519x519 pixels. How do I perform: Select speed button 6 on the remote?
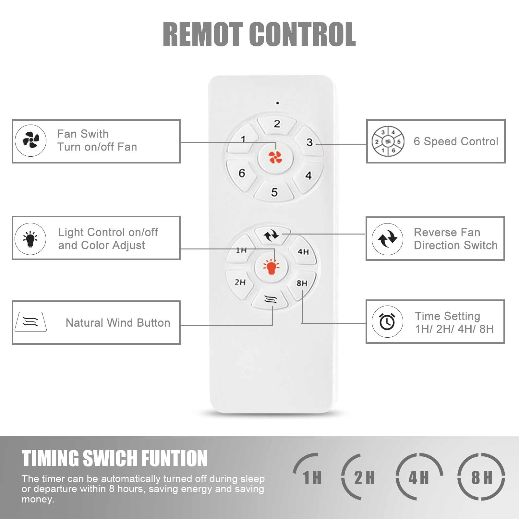click(242, 173)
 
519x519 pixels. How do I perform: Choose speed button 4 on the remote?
click(308, 175)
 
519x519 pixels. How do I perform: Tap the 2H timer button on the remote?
click(240, 282)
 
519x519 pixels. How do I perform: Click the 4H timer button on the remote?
click(303, 252)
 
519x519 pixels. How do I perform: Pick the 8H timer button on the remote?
click(302, 283)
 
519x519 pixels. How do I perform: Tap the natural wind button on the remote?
click(271, 299)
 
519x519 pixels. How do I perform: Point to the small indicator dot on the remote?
click(277, 103)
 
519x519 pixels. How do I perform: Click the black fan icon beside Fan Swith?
click(31, 140)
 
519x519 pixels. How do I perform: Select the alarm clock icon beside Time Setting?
click(387, 321)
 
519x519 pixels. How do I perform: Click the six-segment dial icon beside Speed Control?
click(388, 141)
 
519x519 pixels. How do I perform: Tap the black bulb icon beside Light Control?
click(30, 239)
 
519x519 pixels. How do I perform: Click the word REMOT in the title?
click(202, 34)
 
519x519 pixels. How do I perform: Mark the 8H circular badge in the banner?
click(481, 477)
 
